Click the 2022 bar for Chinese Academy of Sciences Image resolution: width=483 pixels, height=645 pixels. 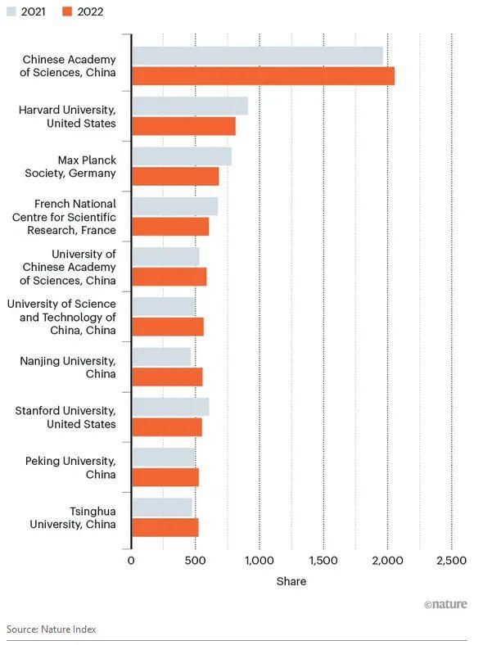(263, 76)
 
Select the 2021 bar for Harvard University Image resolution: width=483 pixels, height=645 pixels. (190, 106)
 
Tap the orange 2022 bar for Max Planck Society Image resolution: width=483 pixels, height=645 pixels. (175, 176)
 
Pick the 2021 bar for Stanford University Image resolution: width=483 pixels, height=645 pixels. (170, 407)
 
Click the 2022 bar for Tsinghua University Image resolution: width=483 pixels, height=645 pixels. (165, 527)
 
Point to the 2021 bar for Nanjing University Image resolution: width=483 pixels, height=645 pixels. (161, 357)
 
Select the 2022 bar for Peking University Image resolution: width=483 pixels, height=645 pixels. (165, 477)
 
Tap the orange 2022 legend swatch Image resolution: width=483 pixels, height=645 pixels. (69, 11)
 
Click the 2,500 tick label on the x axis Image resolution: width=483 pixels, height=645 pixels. (451, 561)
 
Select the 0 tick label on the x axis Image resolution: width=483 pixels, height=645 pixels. (131, 561)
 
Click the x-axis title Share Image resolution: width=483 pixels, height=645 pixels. (291, 581)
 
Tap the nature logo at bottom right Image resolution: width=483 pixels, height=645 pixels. (445, 605)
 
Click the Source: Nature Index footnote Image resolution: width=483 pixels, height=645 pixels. (52, 629)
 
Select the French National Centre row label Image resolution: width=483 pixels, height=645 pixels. (64, 217)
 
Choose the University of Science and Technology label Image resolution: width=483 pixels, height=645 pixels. (61, 317)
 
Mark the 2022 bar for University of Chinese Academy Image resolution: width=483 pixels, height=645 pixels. (169, 277)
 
